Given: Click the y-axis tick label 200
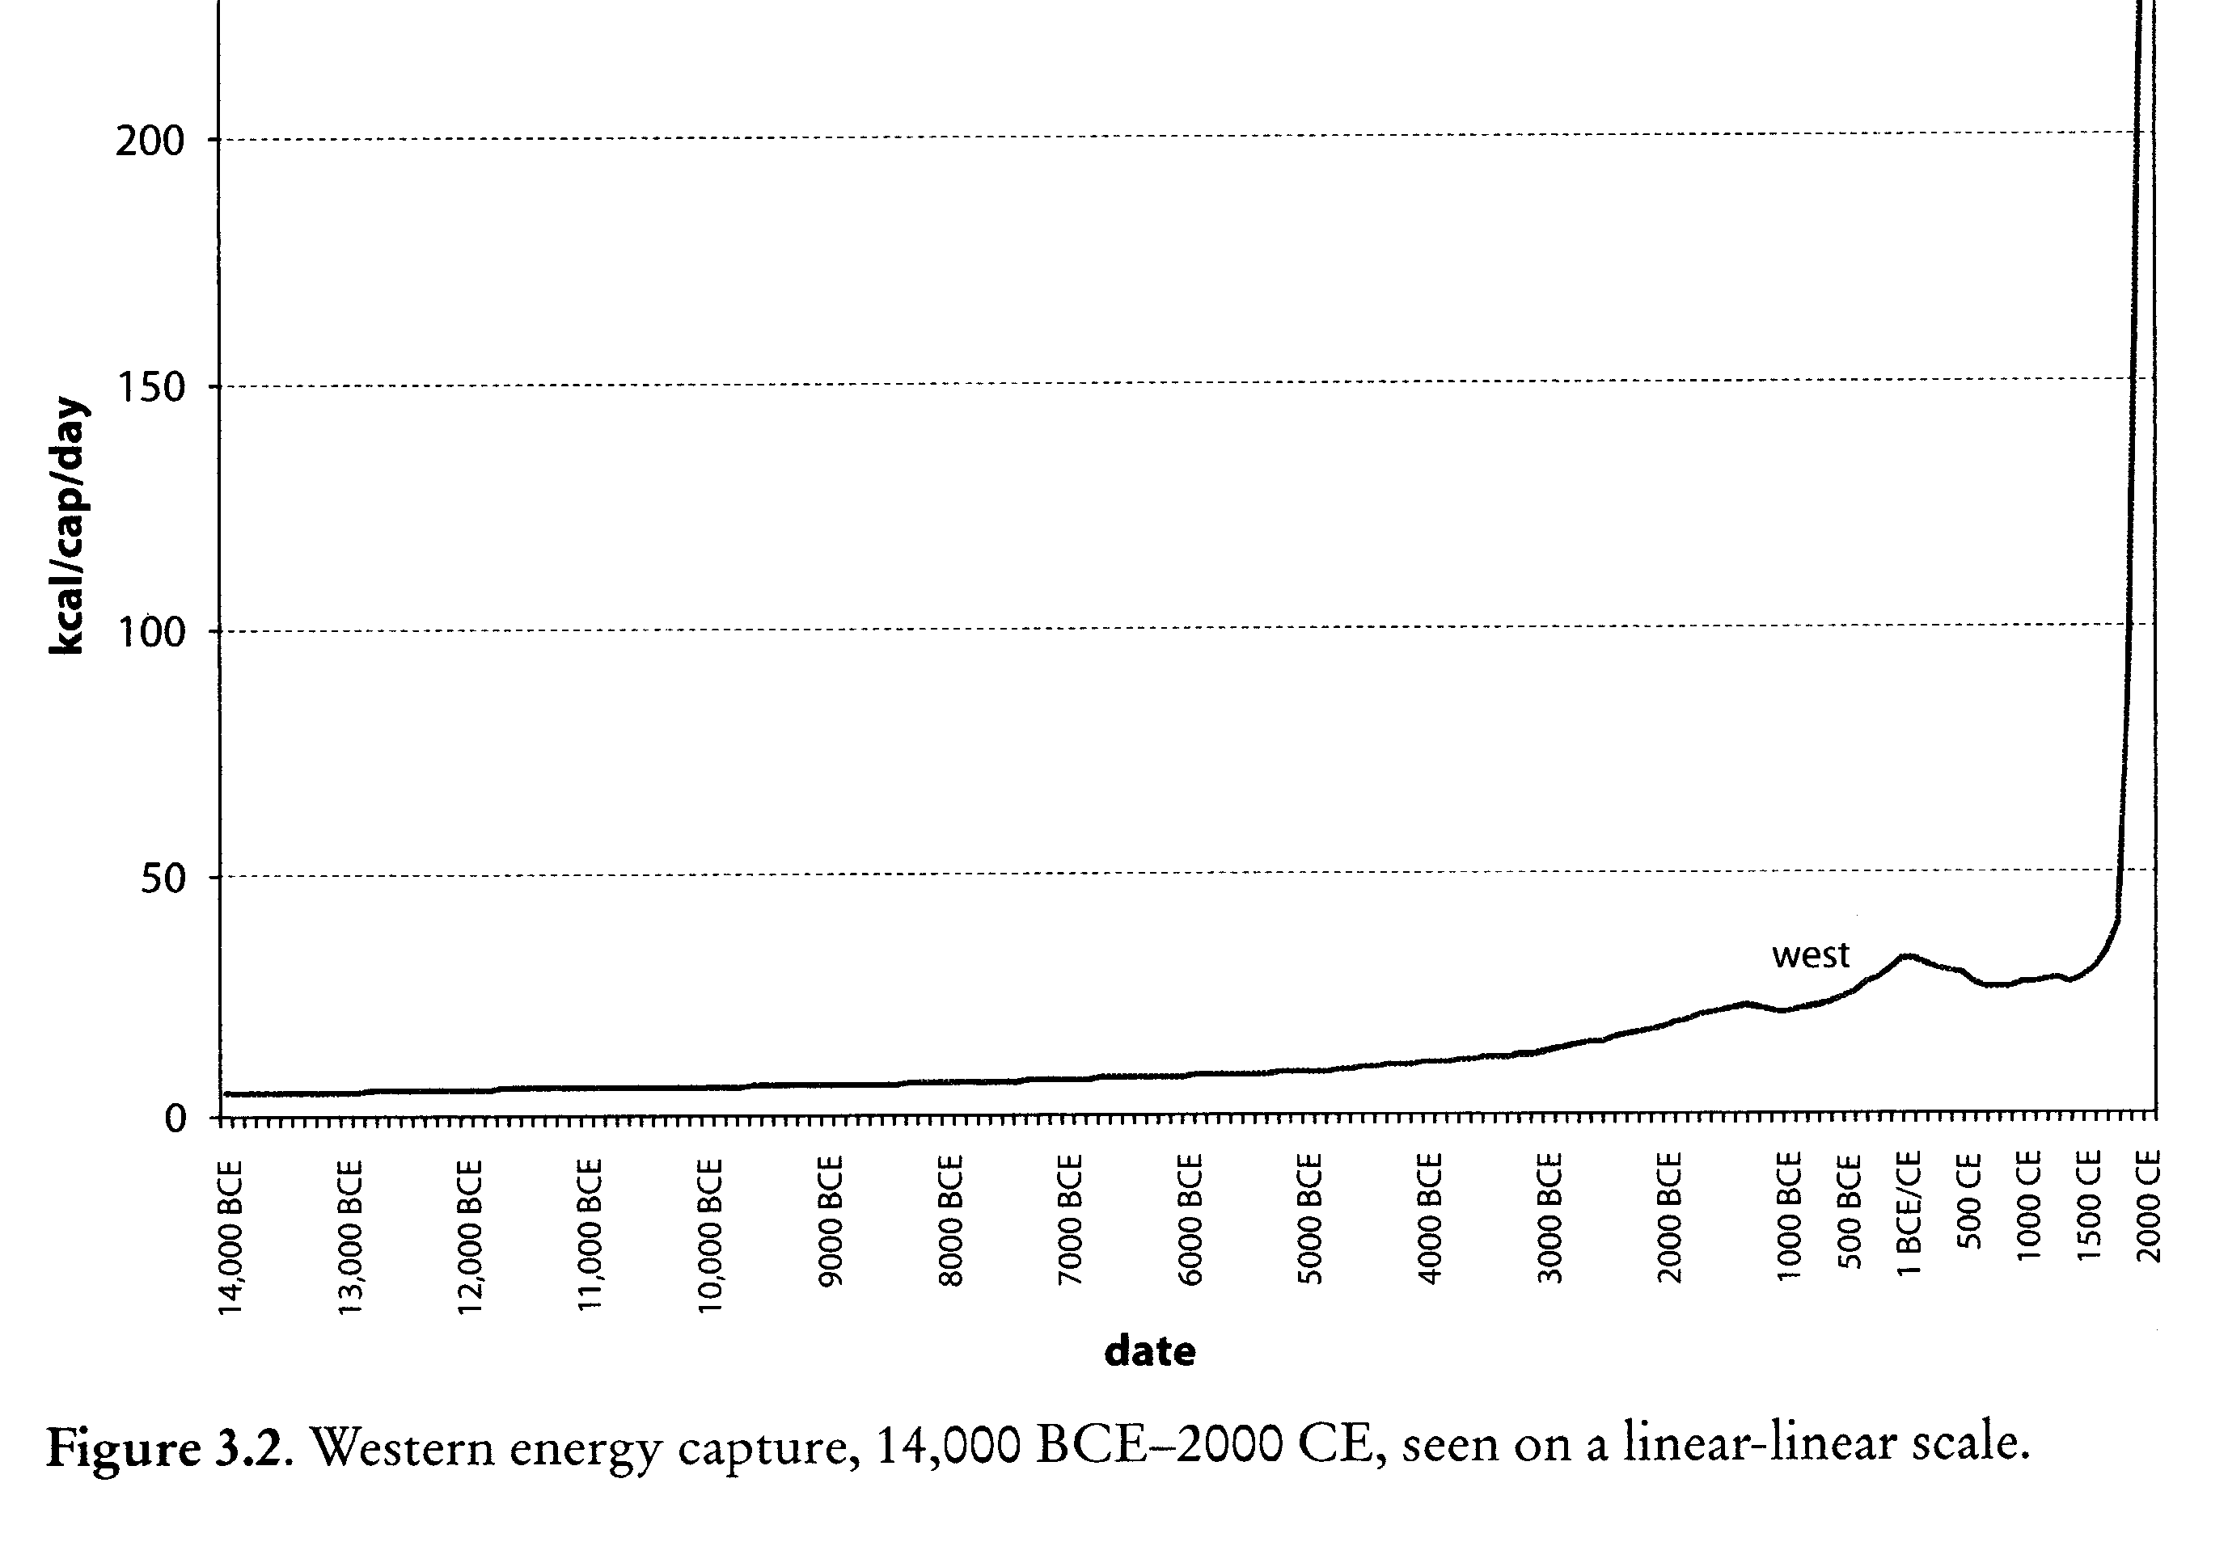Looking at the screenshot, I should (150, 141).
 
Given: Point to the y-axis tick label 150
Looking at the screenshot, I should (150, 387).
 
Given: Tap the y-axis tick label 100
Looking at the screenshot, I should (150, 633).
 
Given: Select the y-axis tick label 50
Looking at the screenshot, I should (162, 878).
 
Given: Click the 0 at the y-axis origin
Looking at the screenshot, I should (175, 1118).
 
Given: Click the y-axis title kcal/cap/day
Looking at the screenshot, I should (68, 526).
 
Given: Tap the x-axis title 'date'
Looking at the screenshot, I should (1149, 1351).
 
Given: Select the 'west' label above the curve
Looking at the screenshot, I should (1809, 955).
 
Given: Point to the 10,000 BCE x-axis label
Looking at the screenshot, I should (710, 1236).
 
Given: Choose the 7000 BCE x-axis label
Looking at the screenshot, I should (1069, 1220).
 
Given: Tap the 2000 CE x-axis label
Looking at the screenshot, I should (2148, 1206).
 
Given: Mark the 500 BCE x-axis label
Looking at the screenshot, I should (1849, 1211).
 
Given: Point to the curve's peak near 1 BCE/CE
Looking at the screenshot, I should (1906, 956).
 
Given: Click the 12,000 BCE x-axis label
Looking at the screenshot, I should (470, 1236).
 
